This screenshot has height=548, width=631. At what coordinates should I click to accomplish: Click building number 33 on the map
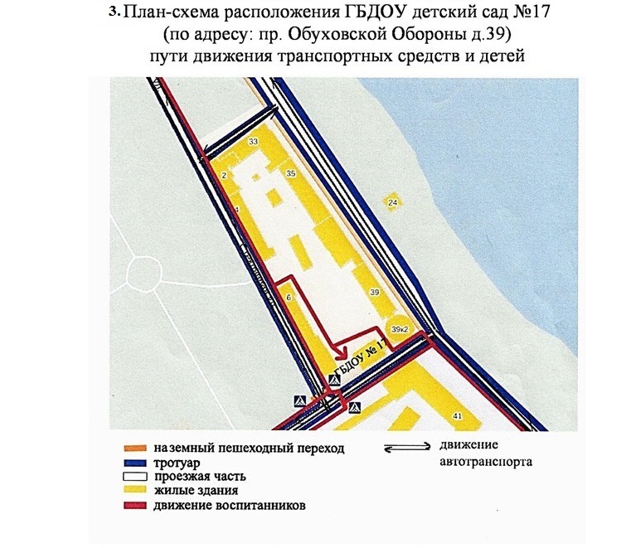(253, 143)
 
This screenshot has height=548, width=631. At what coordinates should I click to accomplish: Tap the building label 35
(290, 174)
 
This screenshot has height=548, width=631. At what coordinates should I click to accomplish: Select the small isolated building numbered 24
(393, 202)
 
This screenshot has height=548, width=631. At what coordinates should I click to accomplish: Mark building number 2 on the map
(225, 176)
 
